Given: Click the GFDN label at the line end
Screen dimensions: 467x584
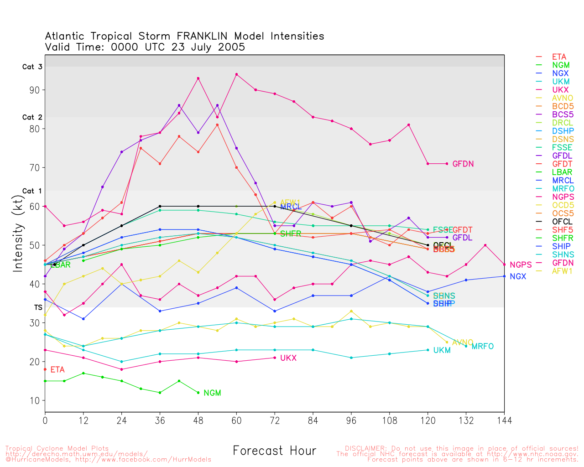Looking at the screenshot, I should [x=463, y=164].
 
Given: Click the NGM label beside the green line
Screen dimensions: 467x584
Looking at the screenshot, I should [x=212, y=393].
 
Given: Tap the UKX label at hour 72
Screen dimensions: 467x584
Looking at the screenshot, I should [x=288, y=358].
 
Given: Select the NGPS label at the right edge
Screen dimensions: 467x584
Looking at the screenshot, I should [x=521, y=265].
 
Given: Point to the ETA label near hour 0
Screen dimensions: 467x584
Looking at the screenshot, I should [x=57, y=370].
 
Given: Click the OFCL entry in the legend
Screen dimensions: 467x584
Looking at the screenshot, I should [x=562, y=222].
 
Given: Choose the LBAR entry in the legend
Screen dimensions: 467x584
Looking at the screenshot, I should [x=562, y=172].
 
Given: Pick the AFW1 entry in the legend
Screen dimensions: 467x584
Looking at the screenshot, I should [x=562, y=271].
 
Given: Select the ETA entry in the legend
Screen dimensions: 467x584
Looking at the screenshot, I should [x=559, y=57].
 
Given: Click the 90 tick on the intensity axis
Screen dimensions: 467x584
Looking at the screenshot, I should [x=34, y=90].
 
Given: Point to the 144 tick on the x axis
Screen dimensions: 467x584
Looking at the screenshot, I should [x=504, y=420].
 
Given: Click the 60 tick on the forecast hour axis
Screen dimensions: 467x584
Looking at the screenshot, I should [x=236, y=420].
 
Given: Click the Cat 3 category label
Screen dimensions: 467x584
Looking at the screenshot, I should [x=32, y=67].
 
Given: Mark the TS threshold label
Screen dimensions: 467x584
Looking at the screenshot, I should [x=38, y=308].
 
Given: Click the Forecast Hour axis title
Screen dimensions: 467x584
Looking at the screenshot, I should [x=274, y=451].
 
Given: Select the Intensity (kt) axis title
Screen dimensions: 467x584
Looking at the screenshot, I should [x=18, y=233].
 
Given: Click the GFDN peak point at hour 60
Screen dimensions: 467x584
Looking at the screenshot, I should [x=236, y=74].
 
